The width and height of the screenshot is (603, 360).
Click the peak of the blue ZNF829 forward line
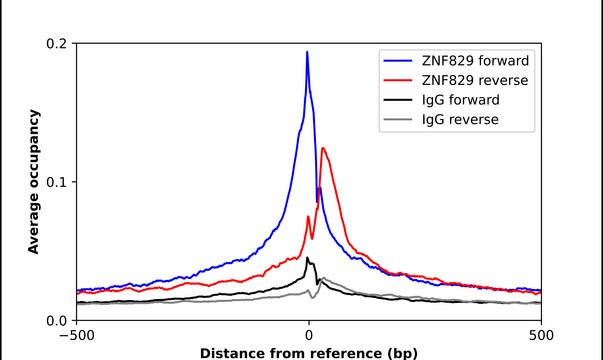point(307,52)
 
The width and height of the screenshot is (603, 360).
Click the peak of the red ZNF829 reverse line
point(323,149)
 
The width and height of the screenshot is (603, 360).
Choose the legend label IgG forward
point(461,100)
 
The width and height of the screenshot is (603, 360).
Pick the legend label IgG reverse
point(460,121)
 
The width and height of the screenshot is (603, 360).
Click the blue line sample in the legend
point(400,58)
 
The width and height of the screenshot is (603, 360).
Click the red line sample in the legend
point(400,79)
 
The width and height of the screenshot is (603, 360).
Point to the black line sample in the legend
point(400,100)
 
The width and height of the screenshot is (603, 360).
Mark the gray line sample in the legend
point(400,121)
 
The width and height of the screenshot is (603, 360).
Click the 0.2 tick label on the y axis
point(56,44)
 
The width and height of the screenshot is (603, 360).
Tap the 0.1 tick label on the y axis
point(56,182)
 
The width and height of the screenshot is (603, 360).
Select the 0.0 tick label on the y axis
point(56,320)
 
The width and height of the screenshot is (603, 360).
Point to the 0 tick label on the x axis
point(308,337)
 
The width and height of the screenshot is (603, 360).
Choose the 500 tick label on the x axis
point(540,337)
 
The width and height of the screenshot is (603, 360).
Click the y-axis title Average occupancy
point(33,182)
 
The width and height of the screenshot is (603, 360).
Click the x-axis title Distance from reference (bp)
point(308,353)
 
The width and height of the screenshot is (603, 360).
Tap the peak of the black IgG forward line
point(308,258)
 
